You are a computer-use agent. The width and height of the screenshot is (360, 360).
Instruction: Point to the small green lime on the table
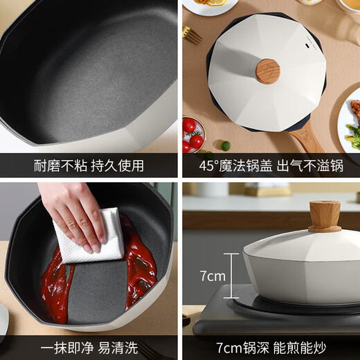(x=225, y=145)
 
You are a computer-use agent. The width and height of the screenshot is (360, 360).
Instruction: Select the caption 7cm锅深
(x=235, y=345)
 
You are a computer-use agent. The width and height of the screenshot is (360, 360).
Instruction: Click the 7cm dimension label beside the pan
(x=213, y=276)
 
